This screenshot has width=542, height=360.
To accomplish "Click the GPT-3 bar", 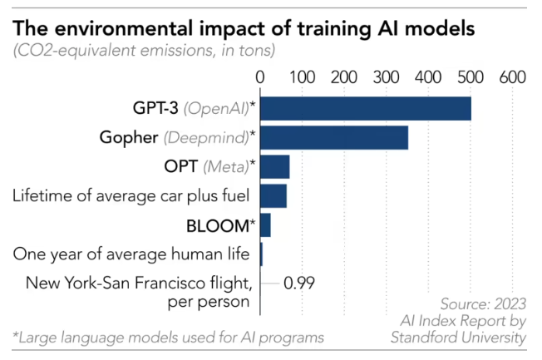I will pos(366,109).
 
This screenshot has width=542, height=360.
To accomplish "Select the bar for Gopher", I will pos(334,137).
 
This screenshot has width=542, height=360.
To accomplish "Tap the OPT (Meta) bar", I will pos(275,166).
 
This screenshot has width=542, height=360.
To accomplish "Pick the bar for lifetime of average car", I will pos(273,195).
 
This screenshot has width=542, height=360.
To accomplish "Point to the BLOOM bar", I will pos(266,224).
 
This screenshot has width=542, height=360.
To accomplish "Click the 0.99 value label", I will pos(299,283).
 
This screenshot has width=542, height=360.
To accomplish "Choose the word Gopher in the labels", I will pos(129,137).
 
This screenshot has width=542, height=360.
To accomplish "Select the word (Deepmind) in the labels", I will pos(206,137).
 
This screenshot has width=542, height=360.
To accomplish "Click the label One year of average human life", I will pos(131,254).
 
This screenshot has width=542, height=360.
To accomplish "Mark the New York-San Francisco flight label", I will pos(138,291).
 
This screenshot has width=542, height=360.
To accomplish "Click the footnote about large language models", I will pos(166,337).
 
